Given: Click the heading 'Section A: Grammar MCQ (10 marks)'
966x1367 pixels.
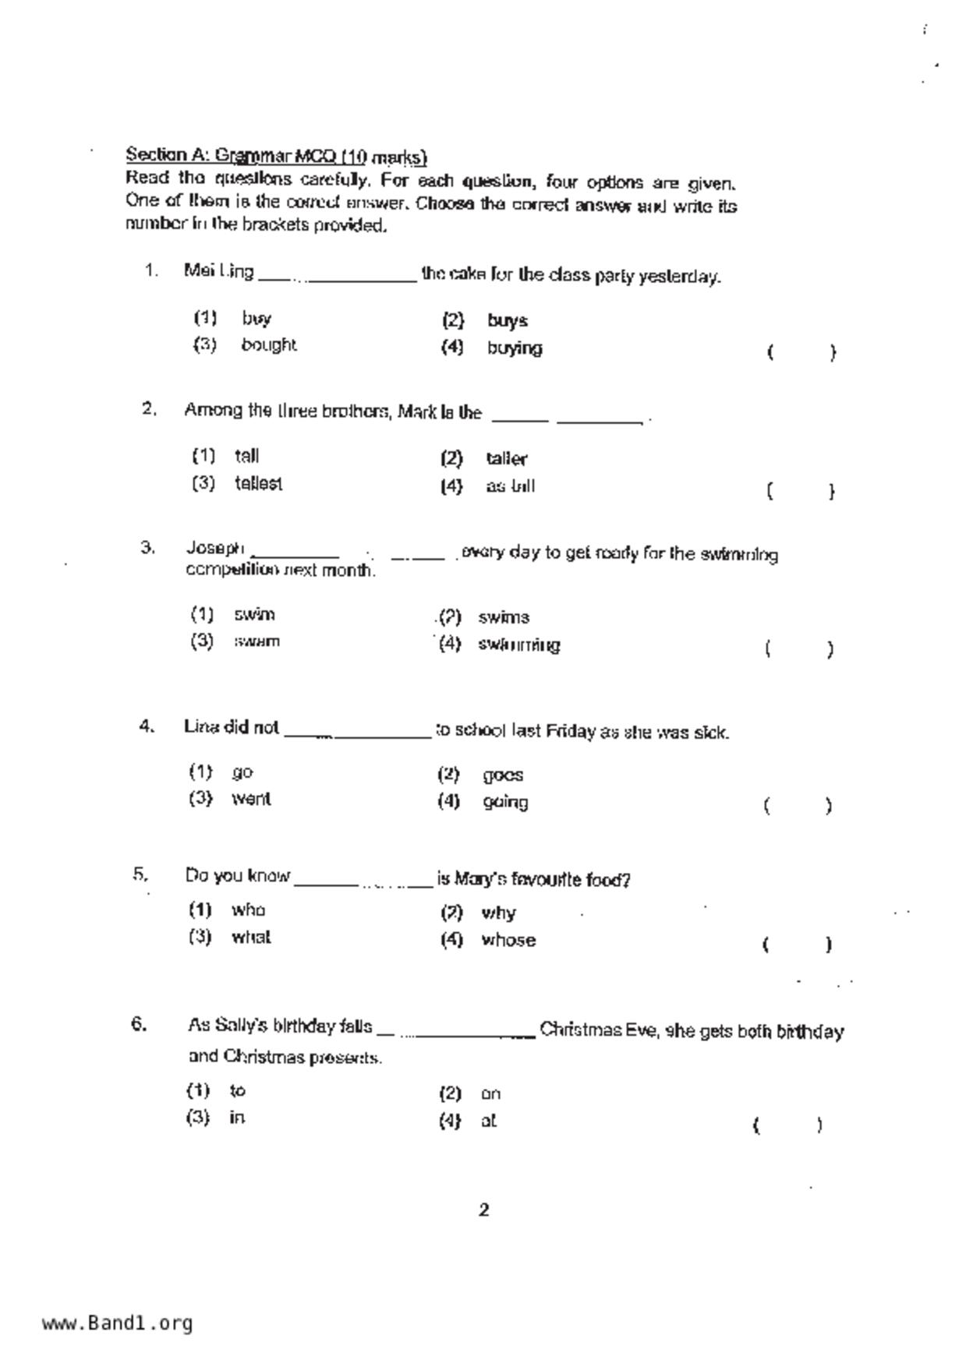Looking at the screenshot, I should point(277,156).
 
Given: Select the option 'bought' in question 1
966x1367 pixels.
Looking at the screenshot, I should point(268,344).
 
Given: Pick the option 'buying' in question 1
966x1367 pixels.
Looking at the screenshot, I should point(514,348).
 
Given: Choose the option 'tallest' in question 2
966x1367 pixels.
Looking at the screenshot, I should point(258,484).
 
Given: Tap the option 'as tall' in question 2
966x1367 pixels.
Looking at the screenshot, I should point(510,487).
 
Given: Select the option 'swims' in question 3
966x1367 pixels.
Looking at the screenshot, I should point(504,618).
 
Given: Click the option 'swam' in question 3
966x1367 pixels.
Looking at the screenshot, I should point(257,641).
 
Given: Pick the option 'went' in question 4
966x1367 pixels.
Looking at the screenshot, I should point(251,799).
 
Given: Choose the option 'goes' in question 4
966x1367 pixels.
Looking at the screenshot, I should point(503,775).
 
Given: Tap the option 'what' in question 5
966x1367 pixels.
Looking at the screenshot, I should point(251,938).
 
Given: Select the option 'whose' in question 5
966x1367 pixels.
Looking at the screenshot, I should point(508,941).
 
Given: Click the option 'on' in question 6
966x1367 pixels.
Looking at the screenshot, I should point(490,1094).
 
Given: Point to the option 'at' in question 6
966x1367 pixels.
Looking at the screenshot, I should point(489,1122).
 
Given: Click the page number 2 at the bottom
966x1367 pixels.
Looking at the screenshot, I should point(484,1210).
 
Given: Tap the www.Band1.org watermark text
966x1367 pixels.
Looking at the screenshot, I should point(118,1323).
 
